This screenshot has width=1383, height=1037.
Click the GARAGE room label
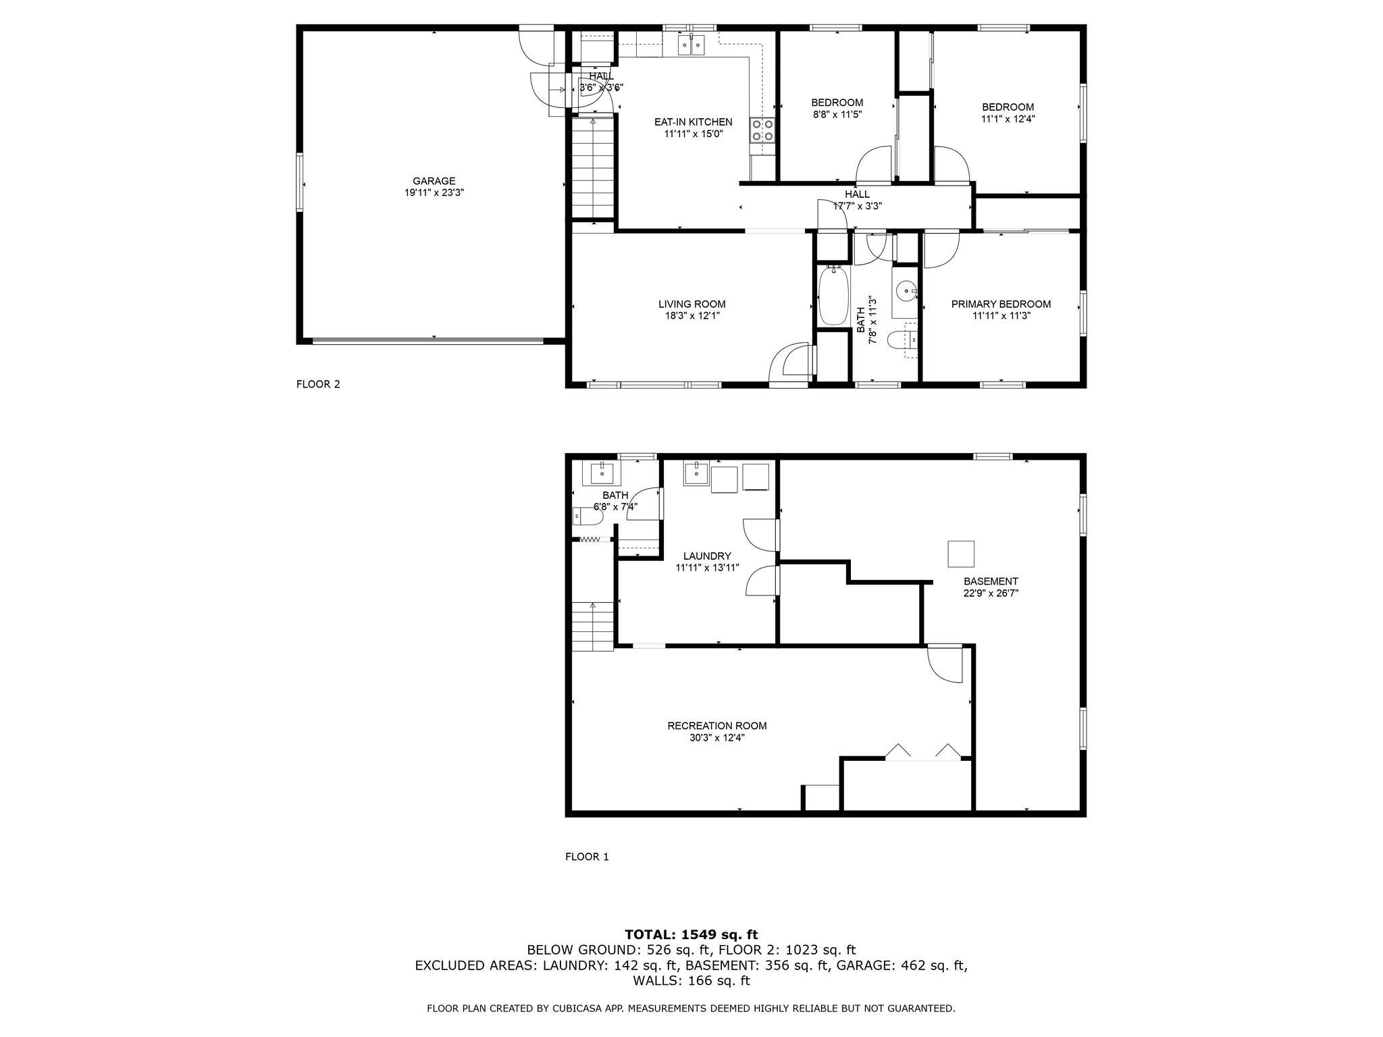coord(434,181)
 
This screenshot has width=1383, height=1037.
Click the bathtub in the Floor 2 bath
coord(833,294)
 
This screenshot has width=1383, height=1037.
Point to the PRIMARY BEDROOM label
coord(1001,304)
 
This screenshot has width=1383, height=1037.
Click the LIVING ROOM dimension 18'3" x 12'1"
coord(692,316)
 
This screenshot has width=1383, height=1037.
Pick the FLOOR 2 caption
coord(318,385)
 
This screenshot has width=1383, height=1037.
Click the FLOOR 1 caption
coord(587,857)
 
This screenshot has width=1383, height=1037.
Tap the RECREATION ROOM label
coord(716,726)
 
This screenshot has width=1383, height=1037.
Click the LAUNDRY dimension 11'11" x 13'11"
coord(707,568)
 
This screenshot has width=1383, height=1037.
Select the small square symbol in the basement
coord(960,554)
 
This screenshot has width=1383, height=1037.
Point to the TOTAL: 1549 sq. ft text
coord(691,935)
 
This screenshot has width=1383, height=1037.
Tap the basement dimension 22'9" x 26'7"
coord(991,593)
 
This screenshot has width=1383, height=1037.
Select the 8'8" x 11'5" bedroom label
coord(837,114)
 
